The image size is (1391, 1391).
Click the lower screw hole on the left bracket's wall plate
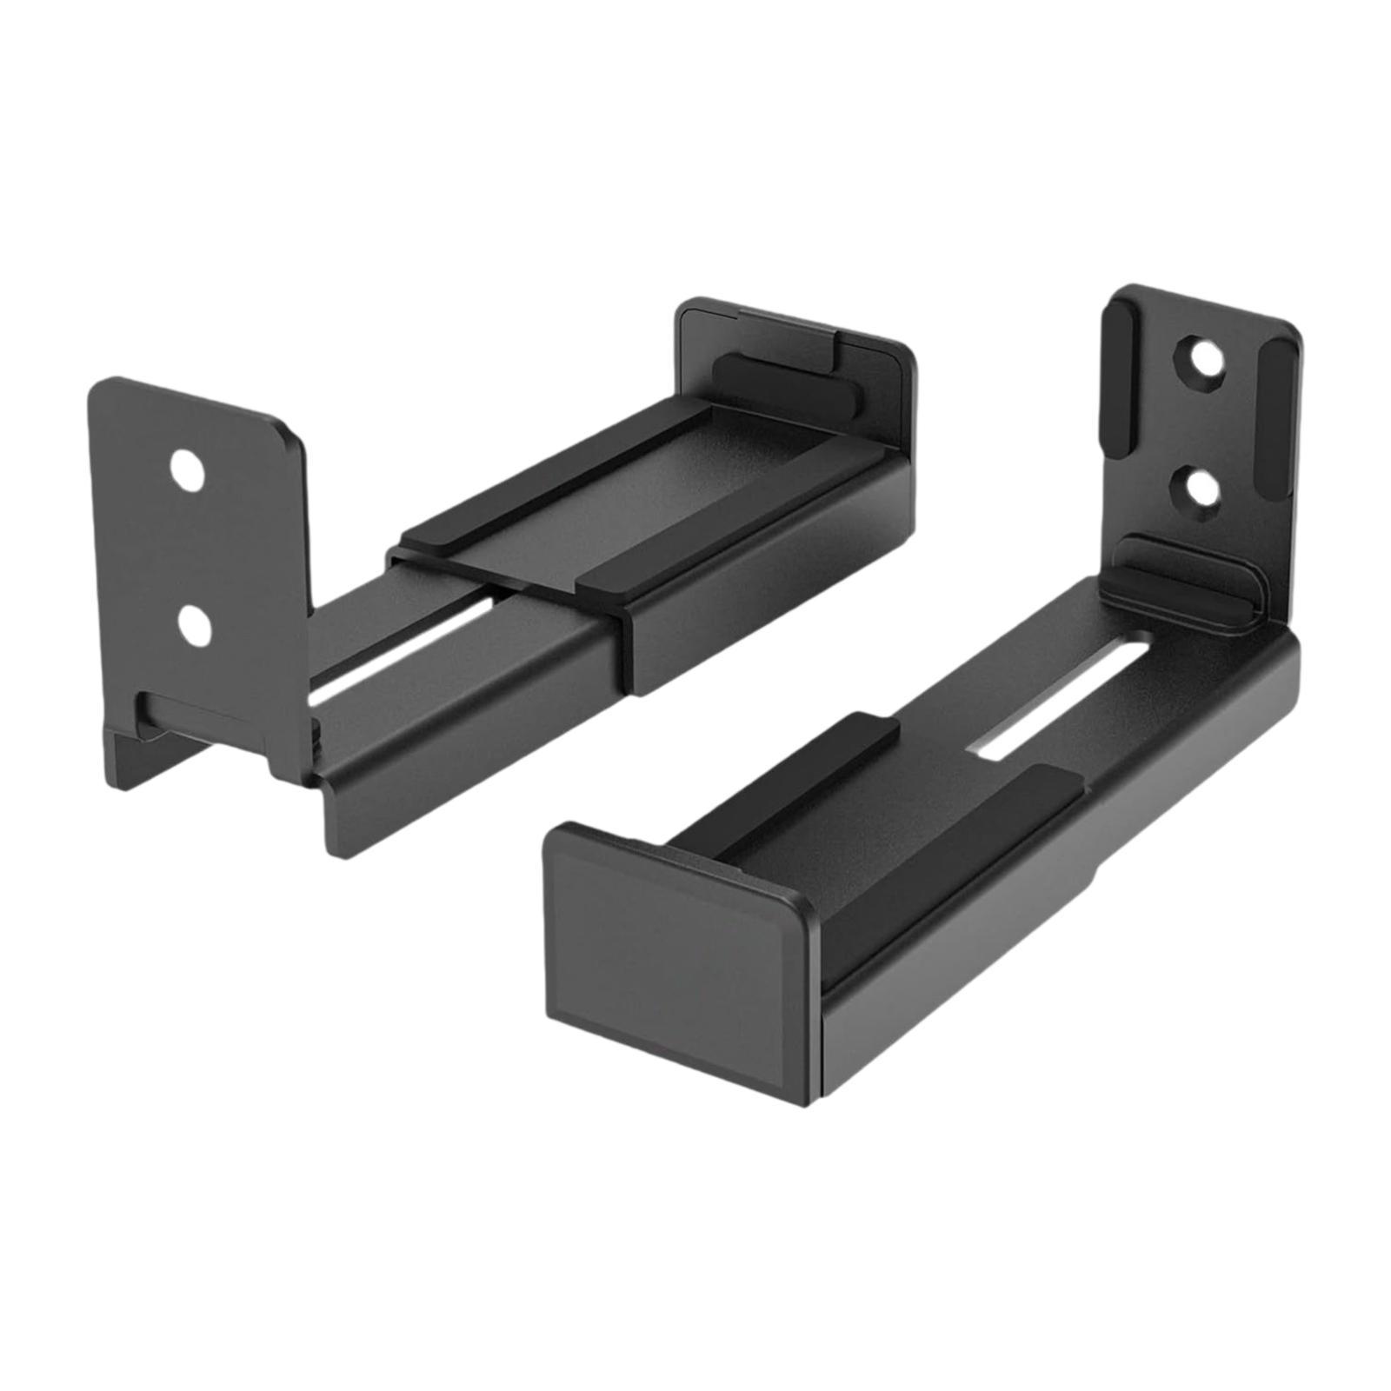pos(197,626)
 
